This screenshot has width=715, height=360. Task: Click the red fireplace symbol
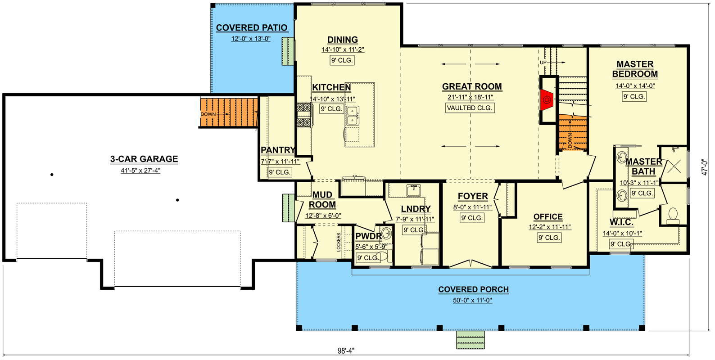(x=547, y=100)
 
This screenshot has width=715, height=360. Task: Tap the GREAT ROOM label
(x=471, y=86)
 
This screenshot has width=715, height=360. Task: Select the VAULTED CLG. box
(x=470, y=108)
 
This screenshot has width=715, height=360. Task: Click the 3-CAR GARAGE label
(x=144, y=159)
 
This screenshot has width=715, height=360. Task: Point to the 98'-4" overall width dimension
(x=346, y=351)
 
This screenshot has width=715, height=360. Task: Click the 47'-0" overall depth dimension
(x=705, y=166)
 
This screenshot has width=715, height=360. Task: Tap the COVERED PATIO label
(x=251, y=28)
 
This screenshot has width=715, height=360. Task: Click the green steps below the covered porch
(x=471, y=340)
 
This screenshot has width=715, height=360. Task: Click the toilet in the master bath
(x=673, y=215)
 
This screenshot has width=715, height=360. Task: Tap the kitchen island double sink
(x=352, y=116)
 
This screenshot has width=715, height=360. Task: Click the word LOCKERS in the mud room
(x=339, y=242)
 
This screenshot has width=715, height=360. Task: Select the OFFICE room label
(x=548, y=217)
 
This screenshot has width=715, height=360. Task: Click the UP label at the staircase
(x=543, y=63)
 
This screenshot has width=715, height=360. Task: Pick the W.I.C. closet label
(x=621, y=222)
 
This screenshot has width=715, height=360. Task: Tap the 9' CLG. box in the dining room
(x=342, y=60)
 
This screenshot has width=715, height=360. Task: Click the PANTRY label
(x=278, y=150)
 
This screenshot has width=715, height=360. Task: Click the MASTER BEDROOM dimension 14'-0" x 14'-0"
(x=635, y=86)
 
